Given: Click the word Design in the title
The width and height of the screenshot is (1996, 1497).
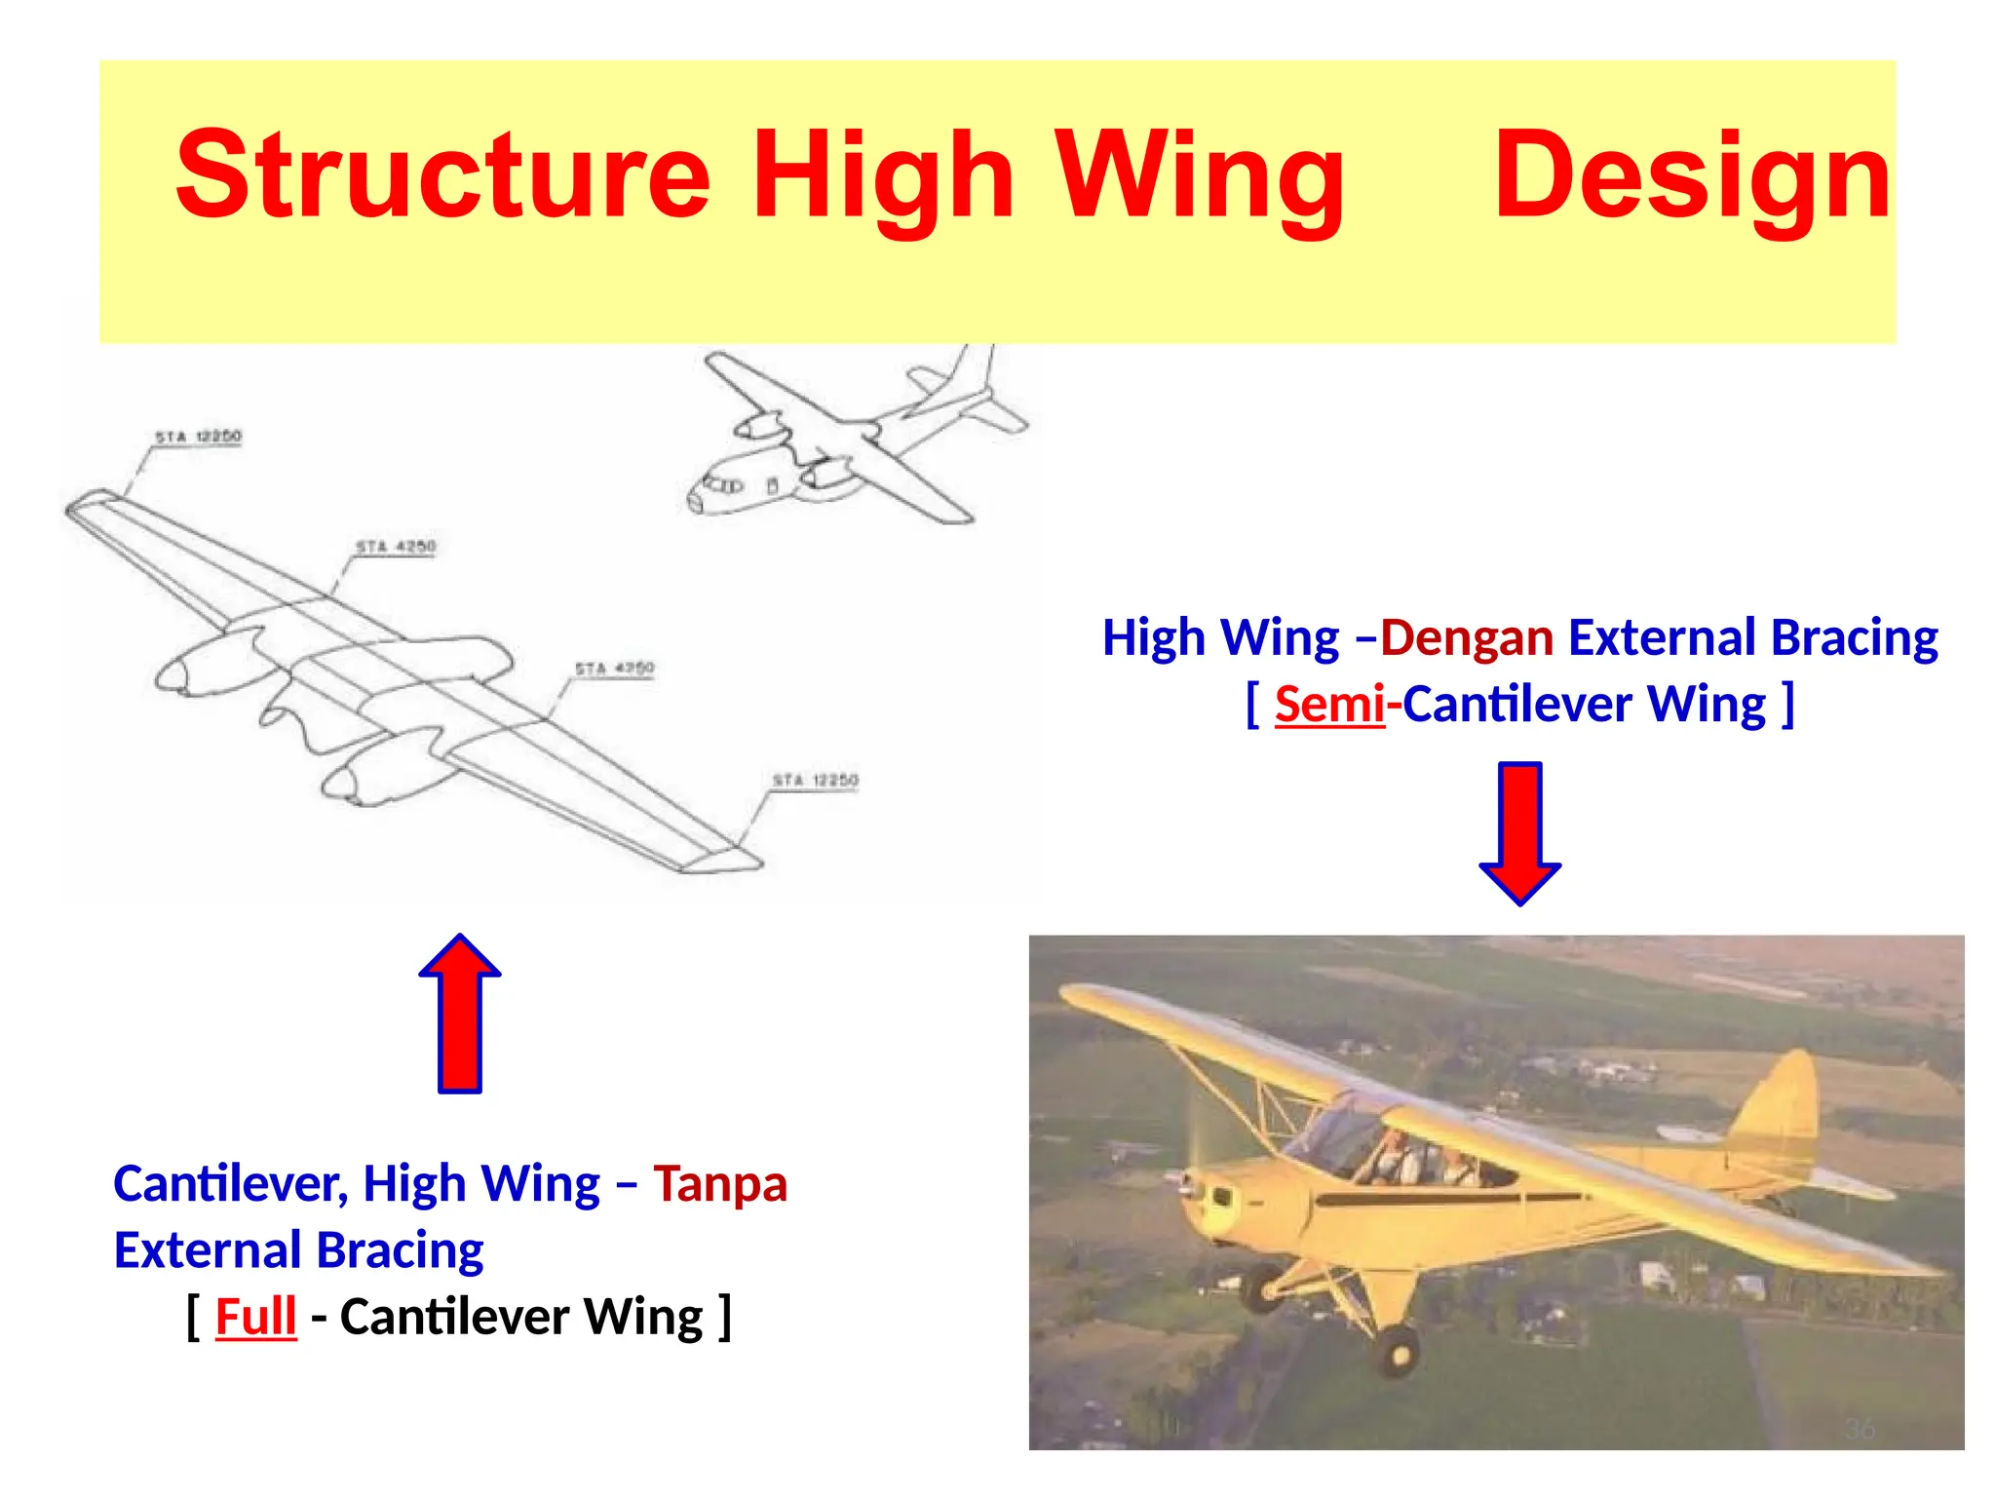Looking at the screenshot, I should (x=1692, y=177).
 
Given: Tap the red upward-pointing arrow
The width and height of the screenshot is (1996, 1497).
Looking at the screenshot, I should (x=460, y=1014).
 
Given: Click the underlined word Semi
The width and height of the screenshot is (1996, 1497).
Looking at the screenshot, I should (x=1329, y=704).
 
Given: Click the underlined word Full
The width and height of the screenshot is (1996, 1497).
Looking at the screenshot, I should (x=255, y=1317).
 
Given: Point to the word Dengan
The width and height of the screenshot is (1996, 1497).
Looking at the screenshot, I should (x=1467, y=638).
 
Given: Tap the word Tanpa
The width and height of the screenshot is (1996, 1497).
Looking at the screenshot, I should (x=719, y=1184).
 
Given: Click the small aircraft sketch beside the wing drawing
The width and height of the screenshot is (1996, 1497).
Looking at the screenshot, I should (x=848, y=439).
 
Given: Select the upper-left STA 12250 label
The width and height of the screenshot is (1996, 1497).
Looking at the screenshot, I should (x=198, y=437).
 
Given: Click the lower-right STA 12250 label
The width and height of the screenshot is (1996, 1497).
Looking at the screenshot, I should (x=815, y=781).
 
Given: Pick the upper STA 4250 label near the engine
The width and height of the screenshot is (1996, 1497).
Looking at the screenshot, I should (x=396, y=547).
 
